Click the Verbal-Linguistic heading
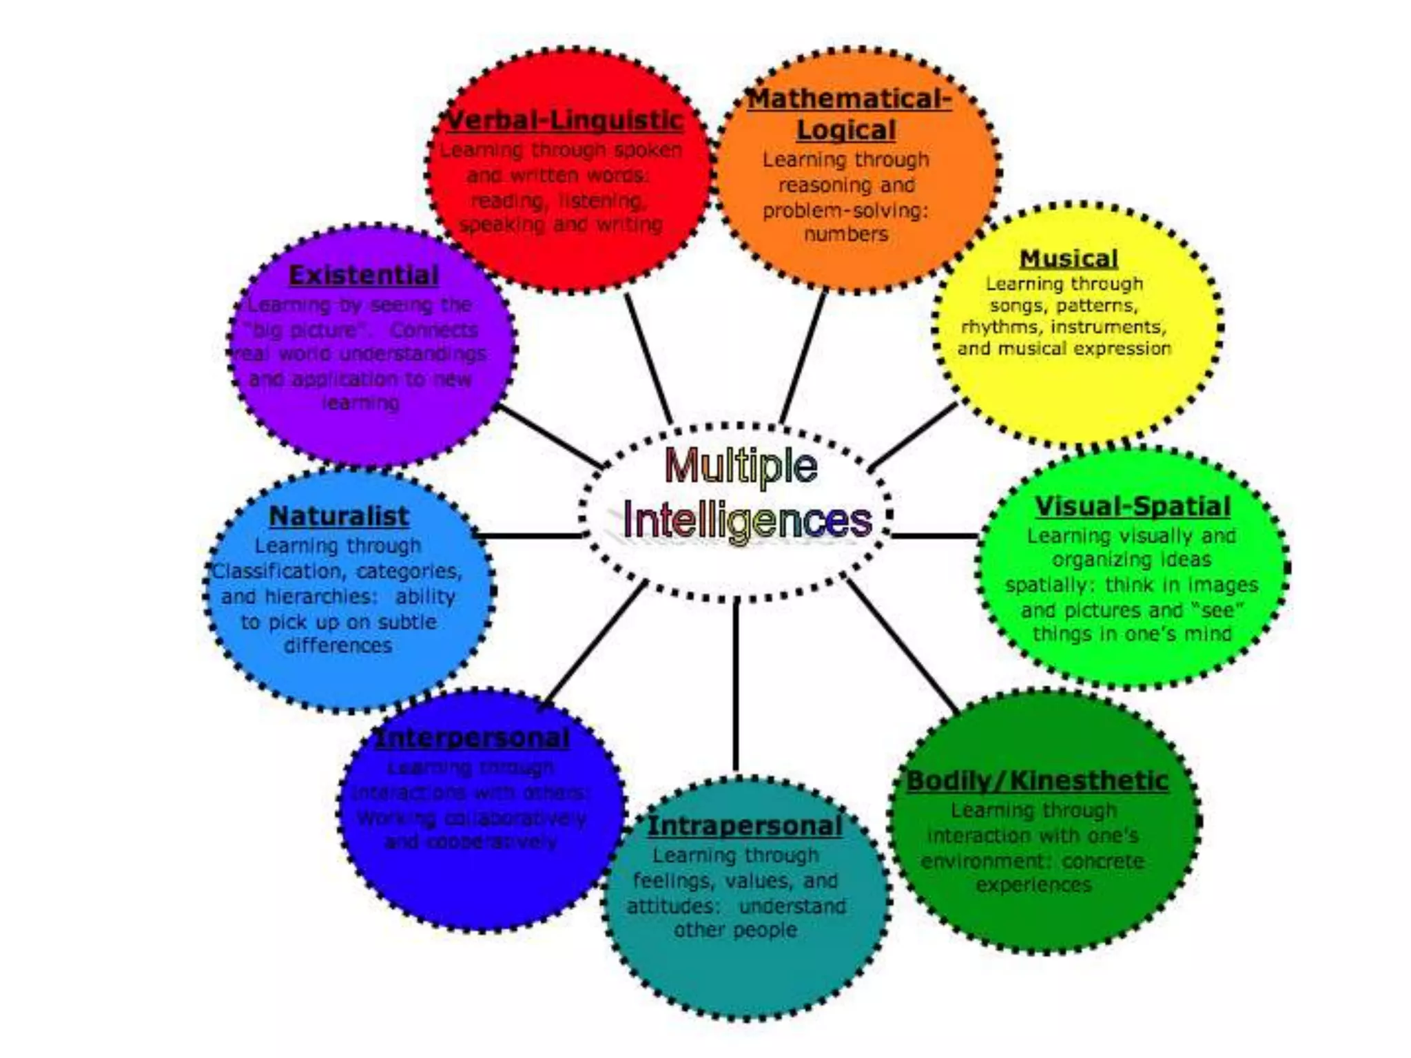[564, 121]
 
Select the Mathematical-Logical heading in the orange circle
[848, 114]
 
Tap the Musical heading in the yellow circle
[1069, 259]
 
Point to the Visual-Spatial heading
[1132, 507]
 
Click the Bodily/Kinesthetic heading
[1037, 781]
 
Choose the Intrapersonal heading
[745, 826]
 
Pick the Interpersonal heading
[473, 738]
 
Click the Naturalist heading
[339, 516]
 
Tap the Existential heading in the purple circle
[364, 276]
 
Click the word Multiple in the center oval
[741, 466]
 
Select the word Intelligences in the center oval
[748, 520]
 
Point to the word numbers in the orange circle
[846, 235]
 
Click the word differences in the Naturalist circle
[338, 646]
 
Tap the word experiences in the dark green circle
[1033, 885]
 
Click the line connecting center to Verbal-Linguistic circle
[648, 358]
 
